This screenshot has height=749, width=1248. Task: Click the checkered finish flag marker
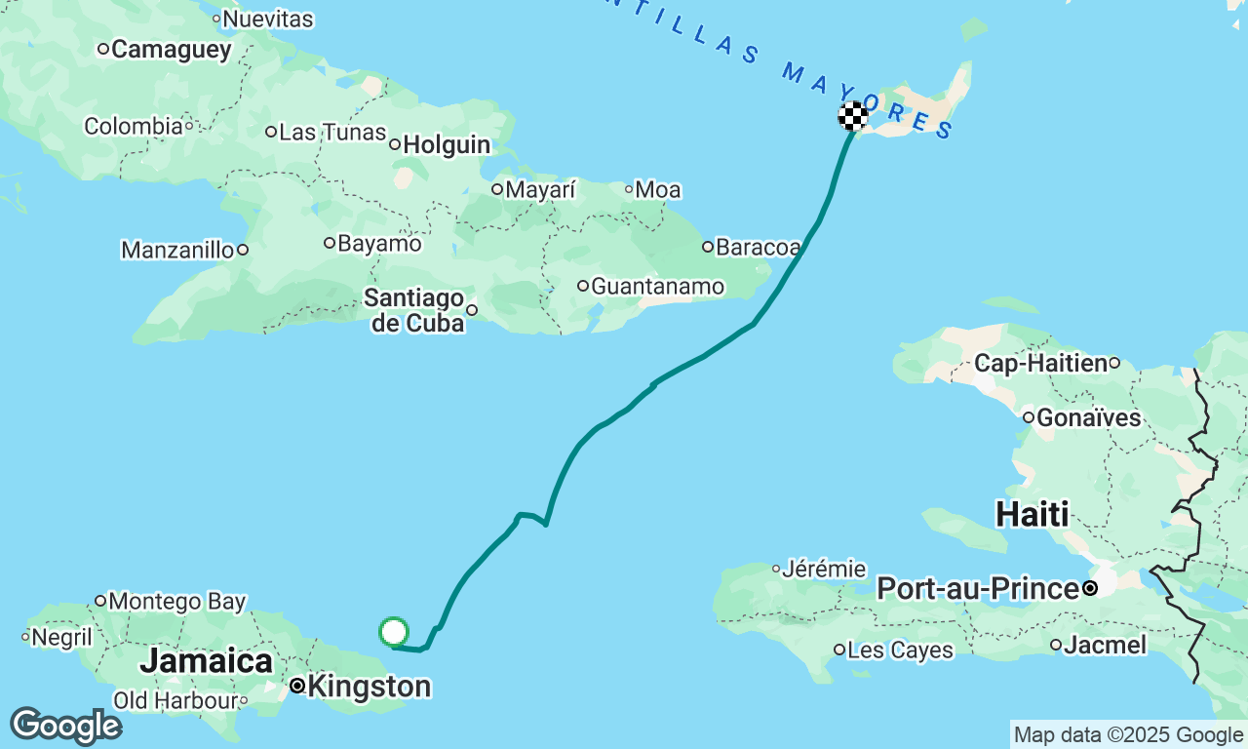[x=853, y=116]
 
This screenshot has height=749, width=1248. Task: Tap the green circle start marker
[x=394, y=632]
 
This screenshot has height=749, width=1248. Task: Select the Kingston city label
[x=369, y=687]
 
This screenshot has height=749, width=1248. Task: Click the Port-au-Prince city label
[x=977, y=589]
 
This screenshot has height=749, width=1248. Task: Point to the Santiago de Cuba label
[x=416, y=310]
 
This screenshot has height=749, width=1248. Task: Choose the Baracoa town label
[x=759, y=247]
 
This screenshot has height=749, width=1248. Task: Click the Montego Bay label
[x=176, y=601]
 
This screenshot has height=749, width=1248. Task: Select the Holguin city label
[x=447, y=145]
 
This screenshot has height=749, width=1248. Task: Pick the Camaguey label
[x=172, y=49]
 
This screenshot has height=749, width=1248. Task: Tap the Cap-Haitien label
[x=1040, y=364]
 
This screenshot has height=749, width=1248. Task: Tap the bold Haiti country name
[x=1033, y=513]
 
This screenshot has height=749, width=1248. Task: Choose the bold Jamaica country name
[x=206, y=660]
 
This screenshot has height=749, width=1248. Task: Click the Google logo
[x=65, y=727]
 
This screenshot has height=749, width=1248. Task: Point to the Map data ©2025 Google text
[x=1128, y=735]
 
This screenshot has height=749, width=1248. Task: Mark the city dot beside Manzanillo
[x=242, y=250]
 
